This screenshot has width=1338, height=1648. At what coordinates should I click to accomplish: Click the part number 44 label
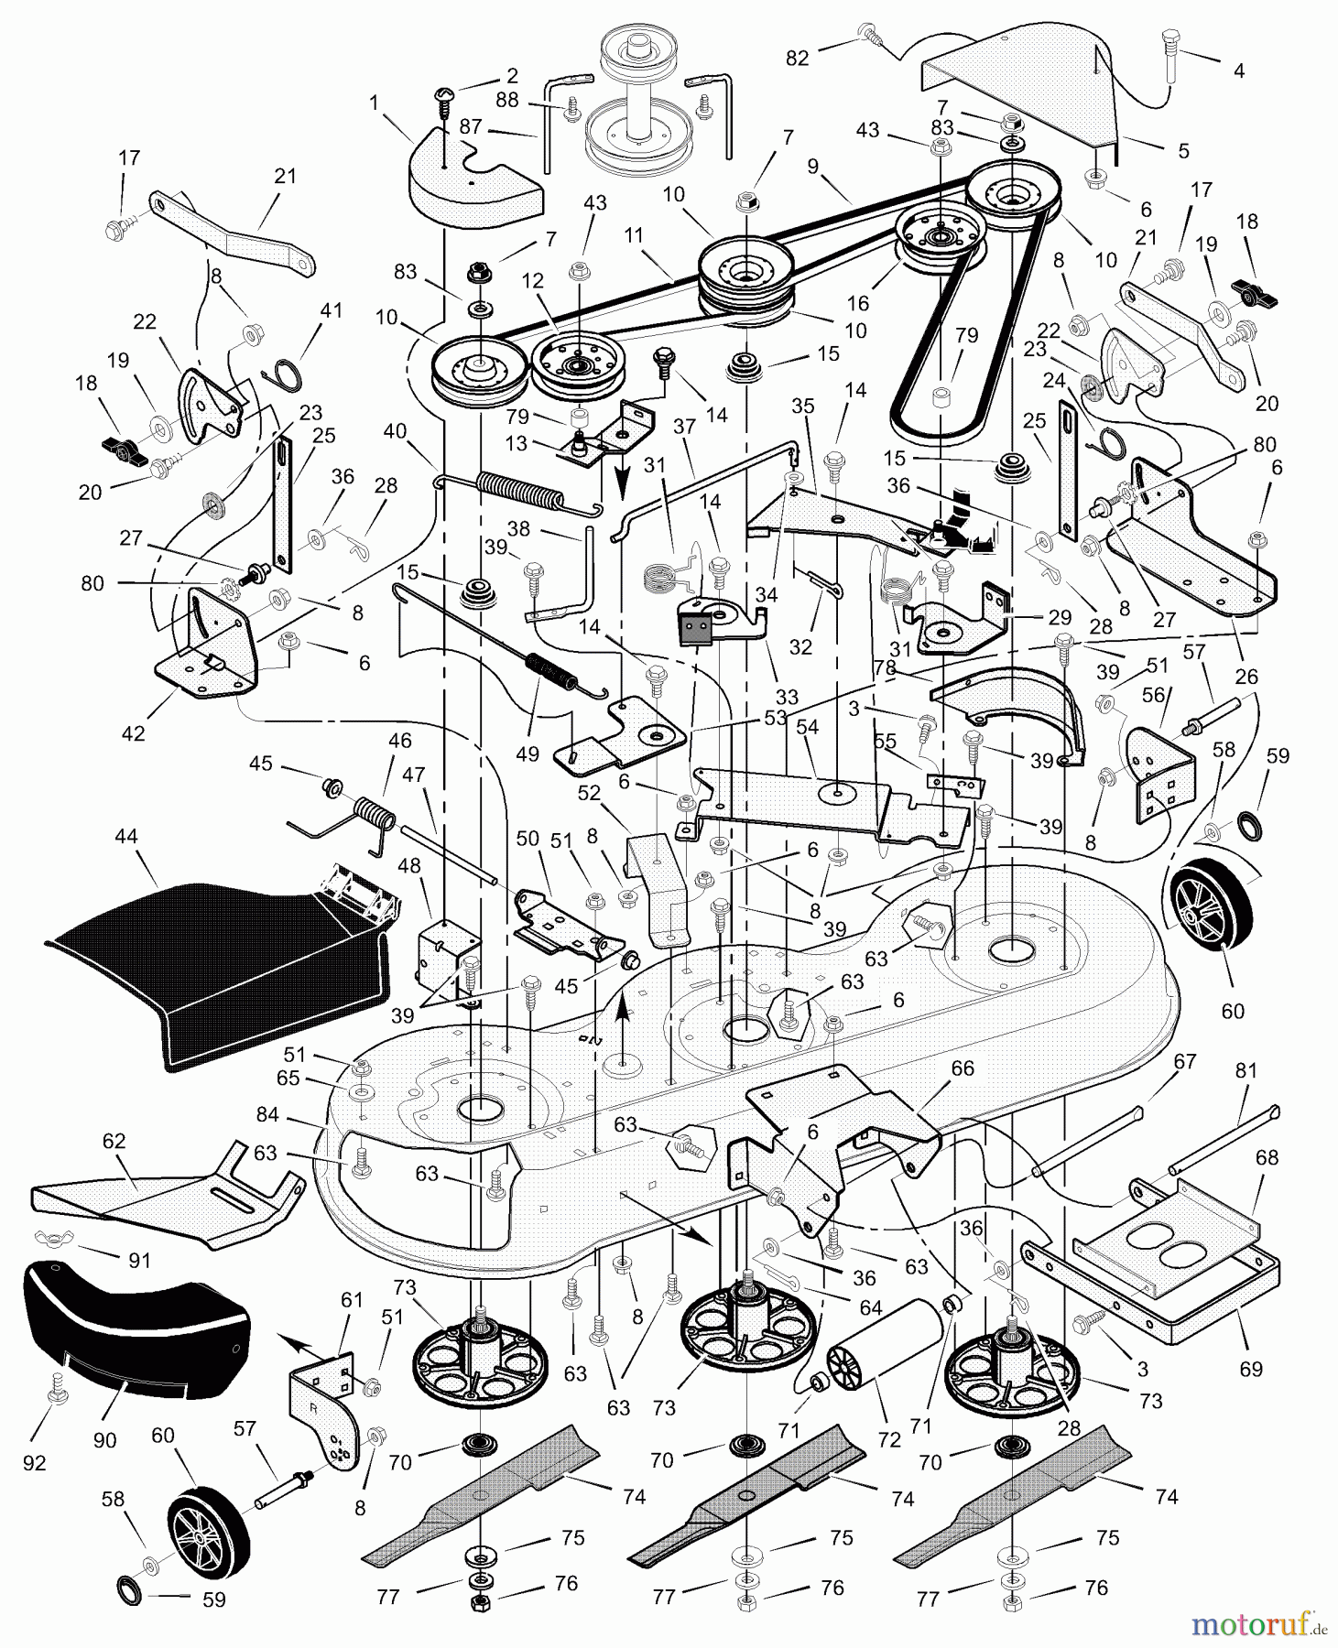pos(125,836)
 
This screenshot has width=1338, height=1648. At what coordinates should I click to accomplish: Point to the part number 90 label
pos(105,1440)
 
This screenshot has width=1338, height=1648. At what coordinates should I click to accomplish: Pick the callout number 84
pos(267,1115)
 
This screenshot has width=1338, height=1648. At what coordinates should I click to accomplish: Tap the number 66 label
pos(963,1069)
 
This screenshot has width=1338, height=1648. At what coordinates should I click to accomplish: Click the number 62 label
pos(114,1141)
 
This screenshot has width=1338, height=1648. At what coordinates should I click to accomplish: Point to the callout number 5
pos(1183,149)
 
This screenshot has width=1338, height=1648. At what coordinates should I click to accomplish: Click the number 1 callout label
pos(374,103)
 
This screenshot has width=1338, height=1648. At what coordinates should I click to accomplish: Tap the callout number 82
pos(798,57)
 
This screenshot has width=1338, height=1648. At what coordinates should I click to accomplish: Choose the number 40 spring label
pos(395,429)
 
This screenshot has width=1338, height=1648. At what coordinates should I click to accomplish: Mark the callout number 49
pos(528,754)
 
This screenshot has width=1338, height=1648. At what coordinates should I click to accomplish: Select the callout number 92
pos(34,1463)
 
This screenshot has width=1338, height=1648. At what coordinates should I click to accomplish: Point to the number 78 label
pos(885,668)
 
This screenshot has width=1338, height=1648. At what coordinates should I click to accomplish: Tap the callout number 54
pos(808,726)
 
